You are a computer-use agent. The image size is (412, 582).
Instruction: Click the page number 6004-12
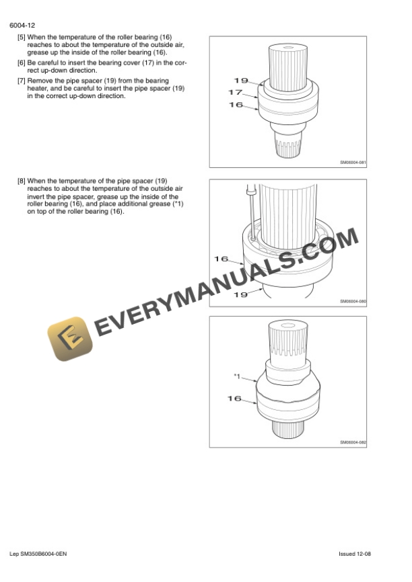(22, 26)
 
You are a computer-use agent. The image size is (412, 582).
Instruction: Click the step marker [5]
(22, 38)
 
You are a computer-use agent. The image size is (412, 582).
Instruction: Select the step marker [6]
(22, 63)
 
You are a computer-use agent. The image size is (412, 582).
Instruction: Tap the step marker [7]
(22, 81)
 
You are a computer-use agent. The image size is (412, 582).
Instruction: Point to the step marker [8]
(22, 181)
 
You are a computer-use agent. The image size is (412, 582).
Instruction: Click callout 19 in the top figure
(241, 80)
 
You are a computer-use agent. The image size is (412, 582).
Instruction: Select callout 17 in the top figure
(236, 92)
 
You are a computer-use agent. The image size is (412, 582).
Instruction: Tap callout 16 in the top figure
(236, 105)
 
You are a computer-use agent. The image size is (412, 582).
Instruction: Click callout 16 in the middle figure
(221, 259)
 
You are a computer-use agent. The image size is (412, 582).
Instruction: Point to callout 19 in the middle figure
(240, 295)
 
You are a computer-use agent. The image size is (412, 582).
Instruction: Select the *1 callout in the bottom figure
(237, 376)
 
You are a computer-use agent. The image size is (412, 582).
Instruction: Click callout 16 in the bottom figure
(234, 399)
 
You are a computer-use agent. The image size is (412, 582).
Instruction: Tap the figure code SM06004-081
(353, 163)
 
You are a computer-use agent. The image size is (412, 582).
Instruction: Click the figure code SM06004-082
(353, 442)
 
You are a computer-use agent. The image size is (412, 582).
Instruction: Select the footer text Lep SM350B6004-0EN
(38, 554)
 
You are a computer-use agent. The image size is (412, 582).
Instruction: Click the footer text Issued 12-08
(354, 554)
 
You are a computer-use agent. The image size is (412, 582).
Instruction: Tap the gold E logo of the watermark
(70, 339)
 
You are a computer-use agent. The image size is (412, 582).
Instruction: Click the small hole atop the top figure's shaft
(288, 47)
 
